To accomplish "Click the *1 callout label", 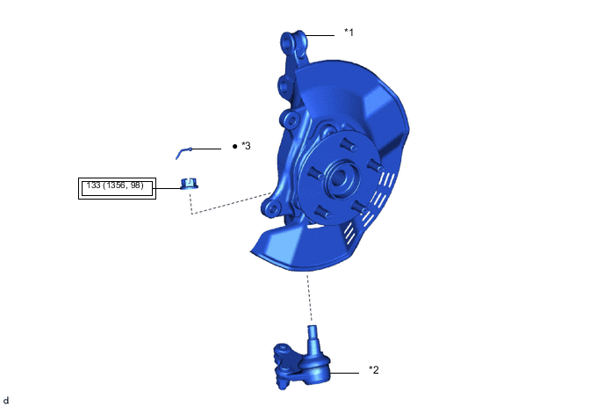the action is [349, 32].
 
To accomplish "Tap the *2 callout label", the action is [374, 369].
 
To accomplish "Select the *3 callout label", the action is [246, 146].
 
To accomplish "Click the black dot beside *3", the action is [235, 146].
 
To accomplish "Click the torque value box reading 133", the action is [117, 188].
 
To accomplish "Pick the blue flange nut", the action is [189, 184].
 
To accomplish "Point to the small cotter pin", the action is [183, 153].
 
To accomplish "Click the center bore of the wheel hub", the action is [339, 177].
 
